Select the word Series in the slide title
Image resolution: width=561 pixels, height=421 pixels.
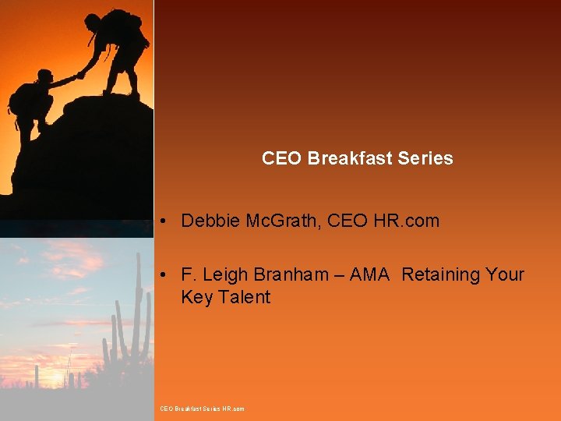click(x=425, y=158)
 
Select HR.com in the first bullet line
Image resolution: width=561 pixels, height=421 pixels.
click(x=406, y=221)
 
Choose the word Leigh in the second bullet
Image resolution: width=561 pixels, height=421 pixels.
click(x=225, y=274)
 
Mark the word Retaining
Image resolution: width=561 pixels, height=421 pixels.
click(x=441, y=274)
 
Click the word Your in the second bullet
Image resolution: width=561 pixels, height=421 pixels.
click(x=505, y=274)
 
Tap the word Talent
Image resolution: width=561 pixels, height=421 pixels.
click(x=243, y=297)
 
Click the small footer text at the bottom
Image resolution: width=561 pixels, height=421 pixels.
click(x=202, y=409)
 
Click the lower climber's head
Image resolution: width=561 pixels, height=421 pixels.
click(x=45, y=76)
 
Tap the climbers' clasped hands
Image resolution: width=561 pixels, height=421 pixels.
click(x=79, y=75)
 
